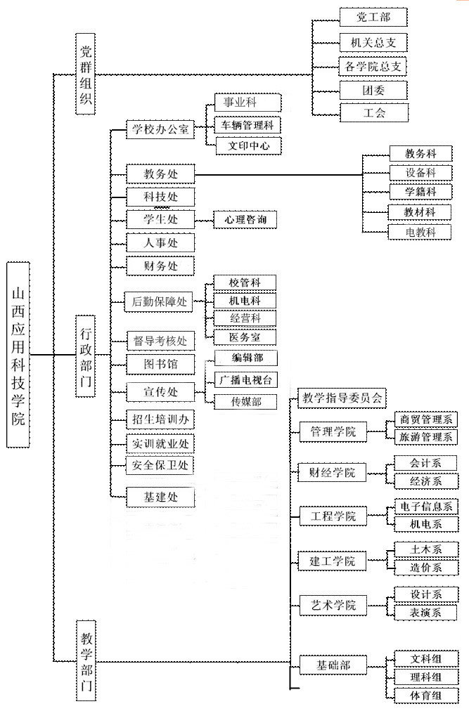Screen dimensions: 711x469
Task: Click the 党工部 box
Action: point(373,17)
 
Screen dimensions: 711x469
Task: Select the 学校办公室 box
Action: point(160,129)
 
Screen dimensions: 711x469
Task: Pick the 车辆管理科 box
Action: point(246,125)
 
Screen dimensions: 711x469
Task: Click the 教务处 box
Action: point(160,173)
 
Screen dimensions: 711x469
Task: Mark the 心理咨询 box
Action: point(245,220)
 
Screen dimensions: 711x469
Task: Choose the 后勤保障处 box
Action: point(160,301)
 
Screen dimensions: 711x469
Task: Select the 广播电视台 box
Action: point(244,380)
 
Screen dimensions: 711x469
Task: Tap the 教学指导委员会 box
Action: point(342,398)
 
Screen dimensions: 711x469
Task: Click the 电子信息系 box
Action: point(426,506)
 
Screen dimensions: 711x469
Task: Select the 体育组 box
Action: point(426,696)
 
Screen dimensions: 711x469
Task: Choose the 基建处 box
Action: point(160,497)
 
